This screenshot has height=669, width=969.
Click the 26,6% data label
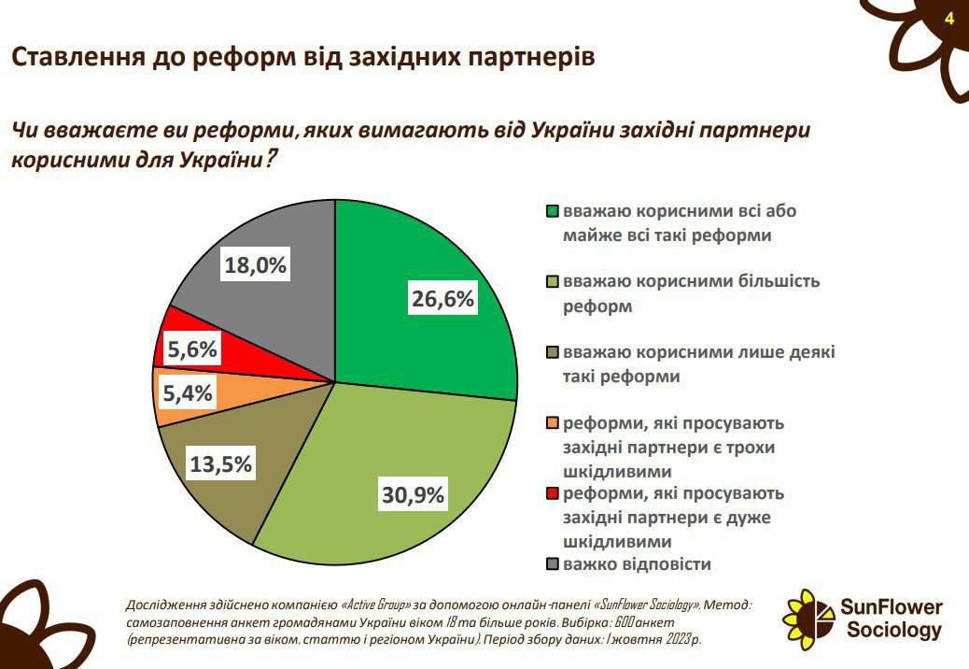pyautogui.click(x=443, y=299)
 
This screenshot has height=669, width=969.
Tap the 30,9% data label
pyautogui.click(x=412, y=495)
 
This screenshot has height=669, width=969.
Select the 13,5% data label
pyautogui.click(x=220, y=464)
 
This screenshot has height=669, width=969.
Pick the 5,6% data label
pyautogui.click(x=192, y=349)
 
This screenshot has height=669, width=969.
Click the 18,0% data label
pyautogui.click(x=255, y=265)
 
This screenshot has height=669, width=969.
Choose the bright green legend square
pyautogui.click(x=552, y=211)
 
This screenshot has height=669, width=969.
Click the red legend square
pyautogui.click(x=552, y=493)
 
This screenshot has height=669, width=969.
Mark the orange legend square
pyautogui.click(x=552, y=423)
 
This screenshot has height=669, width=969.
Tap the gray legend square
pyautogui.click(x=552, y=564)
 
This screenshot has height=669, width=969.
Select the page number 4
pyautogui.click(x=949, y=19)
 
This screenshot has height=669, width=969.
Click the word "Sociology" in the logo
pyautogui.click(x=893, y=631)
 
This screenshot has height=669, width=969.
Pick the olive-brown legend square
pyautogui.click(x=552, y=353)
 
